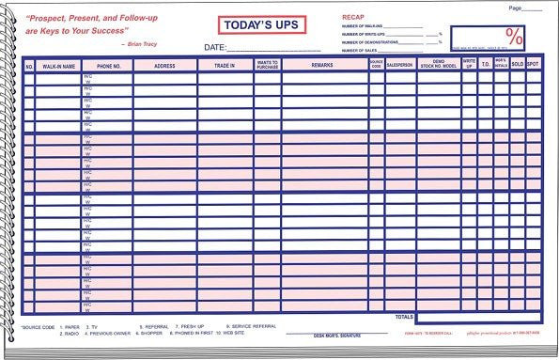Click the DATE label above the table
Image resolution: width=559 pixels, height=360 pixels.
pos(214,46)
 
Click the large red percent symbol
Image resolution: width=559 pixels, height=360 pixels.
pos(515,36)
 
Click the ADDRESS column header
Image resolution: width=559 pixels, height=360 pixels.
pos(164,66)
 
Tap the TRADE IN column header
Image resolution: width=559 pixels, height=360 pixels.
pos(225,66)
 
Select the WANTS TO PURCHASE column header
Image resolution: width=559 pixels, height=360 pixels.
pos(267,65)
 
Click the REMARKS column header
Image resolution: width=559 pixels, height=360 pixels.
pos(323,66)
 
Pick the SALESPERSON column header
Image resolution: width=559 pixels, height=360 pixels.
pos(400,66)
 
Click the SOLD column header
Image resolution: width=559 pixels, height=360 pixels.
pos(518,65)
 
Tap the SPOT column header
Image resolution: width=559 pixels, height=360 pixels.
pos(533,65)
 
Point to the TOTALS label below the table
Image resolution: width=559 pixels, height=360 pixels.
pos(404,318)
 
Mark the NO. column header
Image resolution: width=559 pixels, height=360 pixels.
pos(29,66)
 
